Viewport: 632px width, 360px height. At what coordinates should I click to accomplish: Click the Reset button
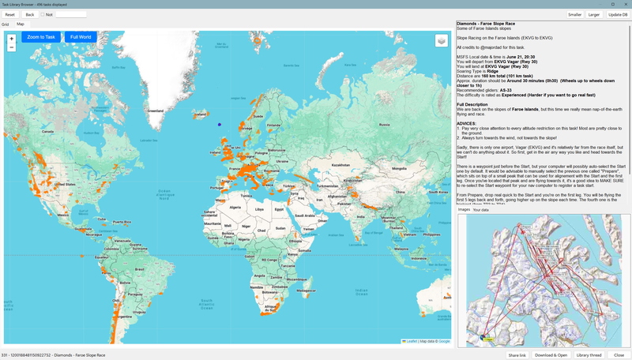10,14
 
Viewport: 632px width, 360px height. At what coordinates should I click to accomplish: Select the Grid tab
6,24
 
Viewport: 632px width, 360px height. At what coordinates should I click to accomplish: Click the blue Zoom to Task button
41,37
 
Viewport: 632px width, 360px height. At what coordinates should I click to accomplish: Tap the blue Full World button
80,37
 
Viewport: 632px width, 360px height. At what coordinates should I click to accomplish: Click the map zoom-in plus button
11,38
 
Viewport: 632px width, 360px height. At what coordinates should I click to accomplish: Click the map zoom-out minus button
11,47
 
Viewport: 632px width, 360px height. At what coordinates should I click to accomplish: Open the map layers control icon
441,41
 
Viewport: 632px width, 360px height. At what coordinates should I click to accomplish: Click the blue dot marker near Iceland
220,124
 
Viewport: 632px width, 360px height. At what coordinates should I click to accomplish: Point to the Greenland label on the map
156,111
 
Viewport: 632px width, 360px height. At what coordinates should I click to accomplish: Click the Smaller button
574,14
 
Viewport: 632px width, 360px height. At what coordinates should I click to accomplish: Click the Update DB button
617,14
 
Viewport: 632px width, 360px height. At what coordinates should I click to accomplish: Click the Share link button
517,355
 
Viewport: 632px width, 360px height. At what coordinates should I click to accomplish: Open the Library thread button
589,355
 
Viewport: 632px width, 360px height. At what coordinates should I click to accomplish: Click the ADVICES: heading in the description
467,123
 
